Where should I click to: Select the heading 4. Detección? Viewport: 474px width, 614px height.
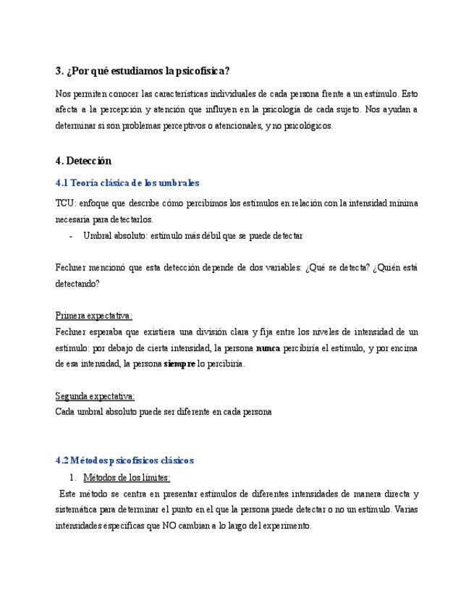coord(83,160)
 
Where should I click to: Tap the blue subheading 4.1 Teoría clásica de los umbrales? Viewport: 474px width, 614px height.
coord(127,183)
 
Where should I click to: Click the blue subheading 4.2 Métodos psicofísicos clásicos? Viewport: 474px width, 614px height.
coord(124,460)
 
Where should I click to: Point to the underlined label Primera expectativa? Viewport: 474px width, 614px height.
coord(93,316)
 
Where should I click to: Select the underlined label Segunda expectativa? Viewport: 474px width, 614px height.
coord(95,395)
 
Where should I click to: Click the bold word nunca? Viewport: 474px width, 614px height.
coord(268,348)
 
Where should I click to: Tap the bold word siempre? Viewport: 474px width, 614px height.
coord(179,363)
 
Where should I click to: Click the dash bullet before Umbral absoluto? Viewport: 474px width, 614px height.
coord(70,236)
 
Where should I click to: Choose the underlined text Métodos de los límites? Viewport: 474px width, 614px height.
coord(127,477)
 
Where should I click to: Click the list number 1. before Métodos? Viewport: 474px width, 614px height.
coord(73,477)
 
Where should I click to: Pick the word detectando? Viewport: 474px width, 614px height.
coord(77,284)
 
